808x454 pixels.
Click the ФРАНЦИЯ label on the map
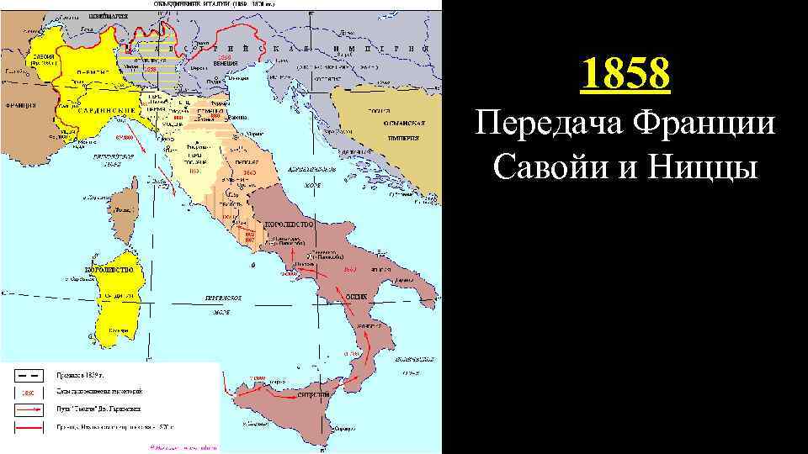tap(19, 108)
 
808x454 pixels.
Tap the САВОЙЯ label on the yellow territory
tap(43, 55)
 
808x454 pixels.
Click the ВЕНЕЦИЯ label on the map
tap(225, 63)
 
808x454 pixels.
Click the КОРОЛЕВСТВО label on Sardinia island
tap(109, 269)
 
